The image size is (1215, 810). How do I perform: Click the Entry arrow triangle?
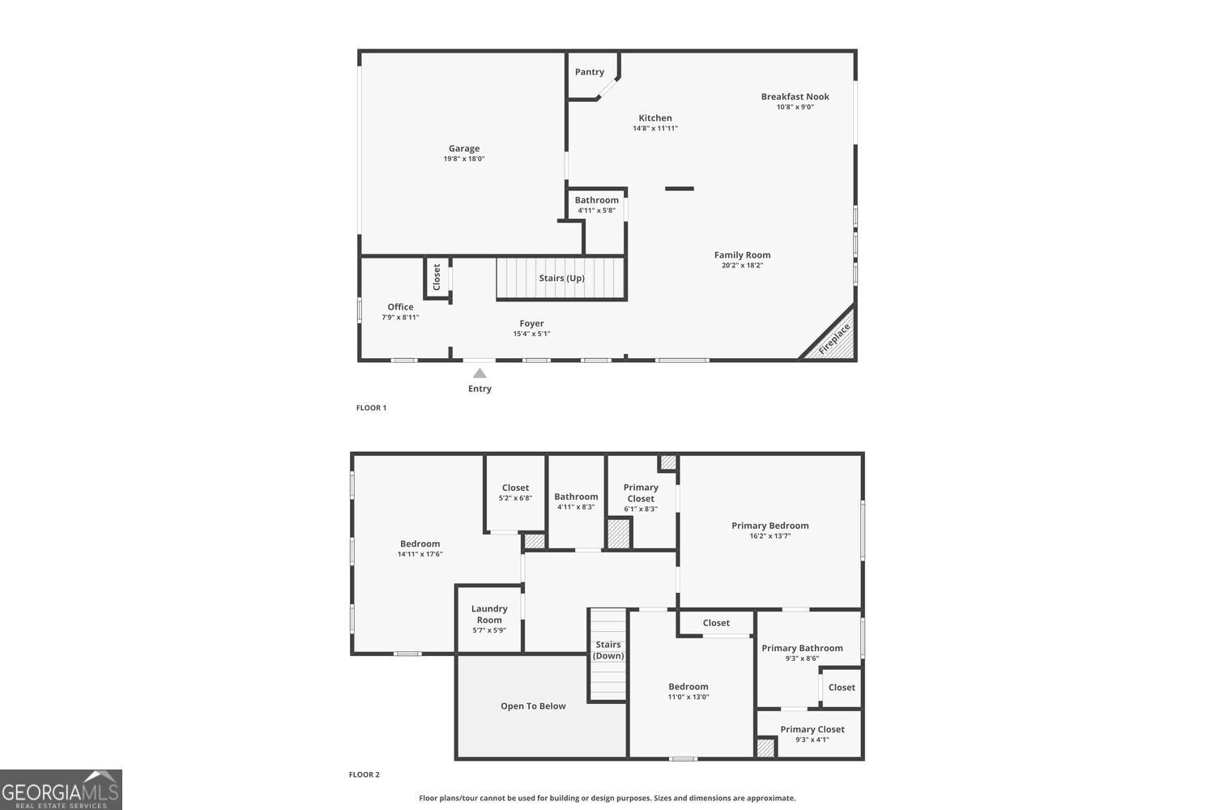click(x=480, y=373)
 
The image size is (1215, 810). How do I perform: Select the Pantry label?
click(x=589, y=71)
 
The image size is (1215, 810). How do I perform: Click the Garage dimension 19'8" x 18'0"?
click(x=464, y=159)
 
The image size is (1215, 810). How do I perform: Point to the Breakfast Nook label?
click(x=795, y=96)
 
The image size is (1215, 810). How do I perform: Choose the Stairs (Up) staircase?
click(x=561, y=278)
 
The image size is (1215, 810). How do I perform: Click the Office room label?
click(x=400, y=306)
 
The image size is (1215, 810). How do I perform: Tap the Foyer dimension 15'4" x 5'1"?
click(x=531, y=334)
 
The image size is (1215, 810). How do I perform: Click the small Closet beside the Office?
click(x=437, y=277)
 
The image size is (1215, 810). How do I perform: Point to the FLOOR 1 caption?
click(x=371, y=407)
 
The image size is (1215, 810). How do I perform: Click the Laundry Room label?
click(x=489, y=614)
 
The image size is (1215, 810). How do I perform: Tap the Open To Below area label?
click(x=533, y=706)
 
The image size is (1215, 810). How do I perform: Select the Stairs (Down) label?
click(x=608, y=650)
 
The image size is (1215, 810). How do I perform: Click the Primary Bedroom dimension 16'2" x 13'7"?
click(x=770, y=536)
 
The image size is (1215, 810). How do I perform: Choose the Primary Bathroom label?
click(x=802, y=648)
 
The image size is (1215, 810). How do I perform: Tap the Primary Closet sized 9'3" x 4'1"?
click(x=812, y=734)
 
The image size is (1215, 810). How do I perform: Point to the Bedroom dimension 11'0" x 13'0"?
click(x=688, y=697)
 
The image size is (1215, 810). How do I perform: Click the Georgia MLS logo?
click(x=61, y=790)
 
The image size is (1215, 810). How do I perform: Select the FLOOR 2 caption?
click(x=364, y=774)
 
